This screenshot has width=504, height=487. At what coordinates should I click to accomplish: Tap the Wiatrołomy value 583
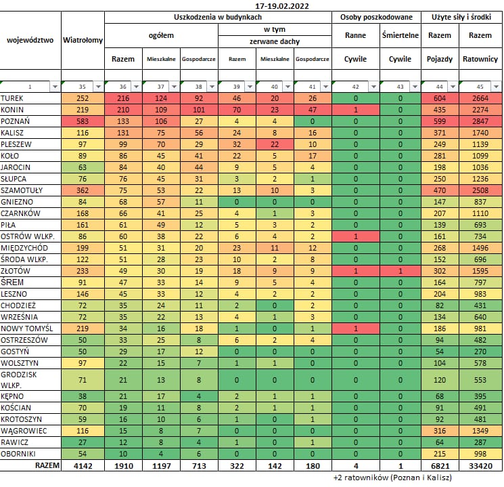[x=83, y=121]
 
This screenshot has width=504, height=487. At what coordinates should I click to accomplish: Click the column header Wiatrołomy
[x=83, y=40]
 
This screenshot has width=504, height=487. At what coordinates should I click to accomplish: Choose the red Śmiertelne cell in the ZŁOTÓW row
[x=400, y=271]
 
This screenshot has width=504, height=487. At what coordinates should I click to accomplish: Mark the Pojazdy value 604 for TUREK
[x=439, y=98]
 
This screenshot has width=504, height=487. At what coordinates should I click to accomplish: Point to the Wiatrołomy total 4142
[x=83, y=466]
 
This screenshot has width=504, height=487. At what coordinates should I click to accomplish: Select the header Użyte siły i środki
[x=461, y=16]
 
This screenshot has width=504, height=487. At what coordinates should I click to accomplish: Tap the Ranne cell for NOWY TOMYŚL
[x=355, y=328]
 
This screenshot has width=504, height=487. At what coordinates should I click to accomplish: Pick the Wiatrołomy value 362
[x=83, y=190]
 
